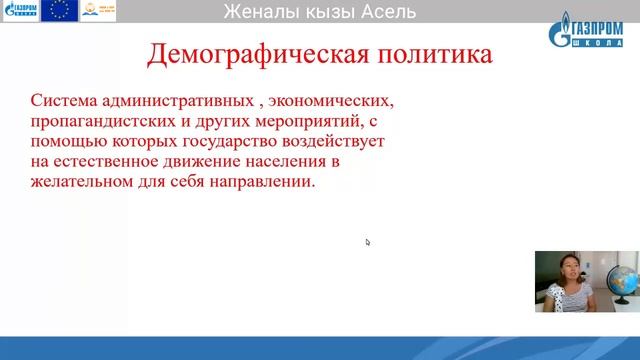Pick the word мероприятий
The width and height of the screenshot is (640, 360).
coord(289,122)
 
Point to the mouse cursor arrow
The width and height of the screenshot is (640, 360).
coord(368,242)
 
